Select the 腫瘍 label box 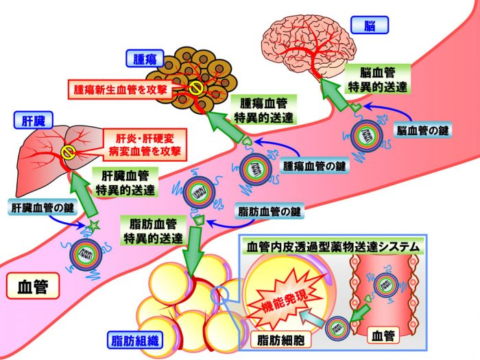146,58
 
